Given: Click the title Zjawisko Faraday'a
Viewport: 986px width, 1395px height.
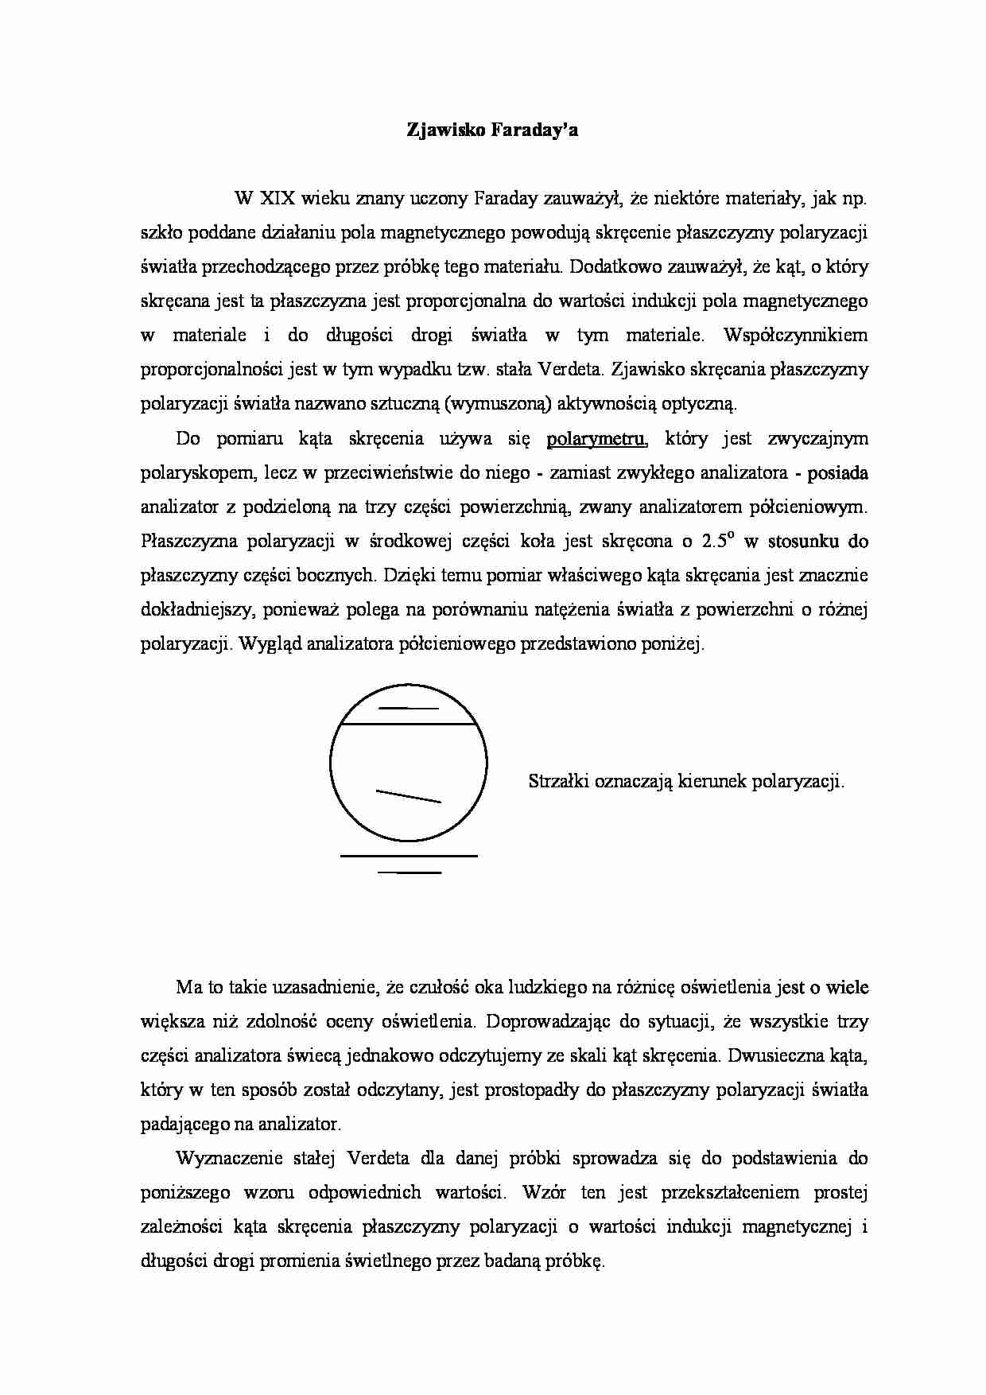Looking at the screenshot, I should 492,130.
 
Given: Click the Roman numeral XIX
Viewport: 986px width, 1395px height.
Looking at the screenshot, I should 278,199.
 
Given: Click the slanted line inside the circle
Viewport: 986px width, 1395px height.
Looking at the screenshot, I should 408,796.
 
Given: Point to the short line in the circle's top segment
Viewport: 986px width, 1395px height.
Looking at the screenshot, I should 408,708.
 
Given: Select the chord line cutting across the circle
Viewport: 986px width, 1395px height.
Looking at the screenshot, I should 408,725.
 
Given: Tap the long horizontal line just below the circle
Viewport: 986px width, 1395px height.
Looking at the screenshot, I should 408,856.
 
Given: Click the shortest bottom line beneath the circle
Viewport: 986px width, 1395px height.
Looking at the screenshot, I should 409,873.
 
